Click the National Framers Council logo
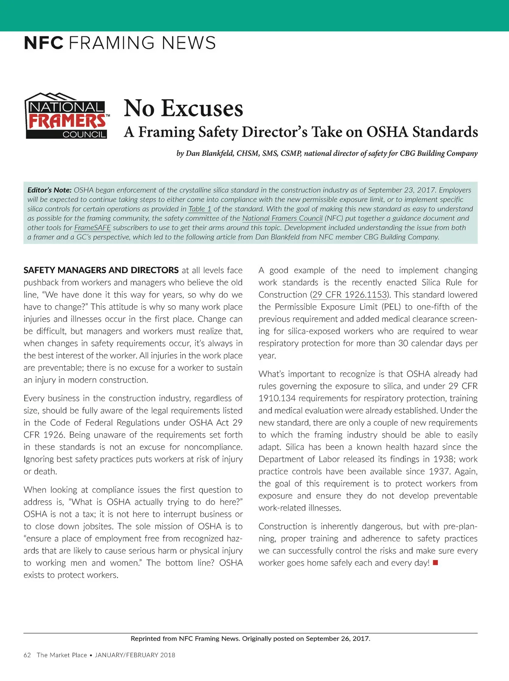[x=67, y=116]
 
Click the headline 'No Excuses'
[x=183, y=108]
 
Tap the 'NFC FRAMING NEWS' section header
[x=120, y=43]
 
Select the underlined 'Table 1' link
[x=200, y=209]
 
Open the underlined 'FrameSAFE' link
[x=92, y=228]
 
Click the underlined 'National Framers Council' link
[x=282, y=218]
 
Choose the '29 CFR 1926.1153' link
[x=350, y=295]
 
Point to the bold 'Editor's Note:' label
[x=49, y=190]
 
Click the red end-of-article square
[x=435, y=563]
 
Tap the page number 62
[x=27, y=655]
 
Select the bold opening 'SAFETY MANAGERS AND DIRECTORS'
[x=101, y=270]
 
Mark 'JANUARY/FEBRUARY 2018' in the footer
[x=135, y=655]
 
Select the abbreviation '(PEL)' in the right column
[x=391, y=307]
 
